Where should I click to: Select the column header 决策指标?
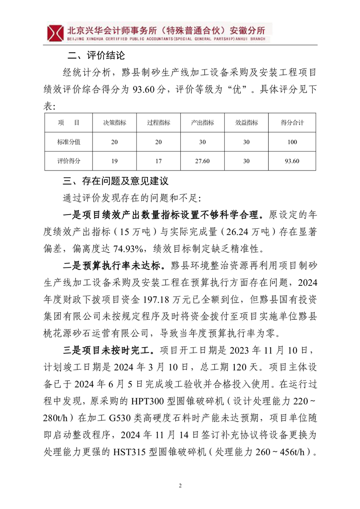click(114, 122)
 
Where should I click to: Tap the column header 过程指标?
click(158, 122)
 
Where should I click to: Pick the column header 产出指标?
click(202, 122)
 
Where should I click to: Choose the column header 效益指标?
click(247, 122)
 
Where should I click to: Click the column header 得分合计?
click(292, 122)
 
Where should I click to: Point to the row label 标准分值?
click(69, 142)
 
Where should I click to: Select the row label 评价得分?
click(69, 161)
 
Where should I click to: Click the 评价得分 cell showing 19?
click(114, 161)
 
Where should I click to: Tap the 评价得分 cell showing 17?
click(158, 161)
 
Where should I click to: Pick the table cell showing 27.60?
click(202, 161)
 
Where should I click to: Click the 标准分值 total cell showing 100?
click(292, 142)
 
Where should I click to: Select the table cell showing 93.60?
click(292, 161)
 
